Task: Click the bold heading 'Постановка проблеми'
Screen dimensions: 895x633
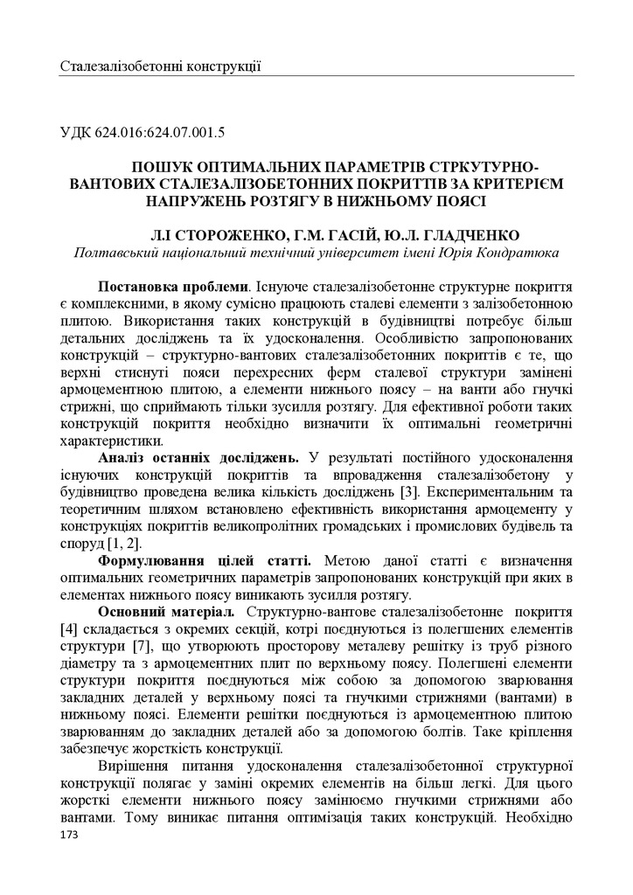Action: point(174,287)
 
